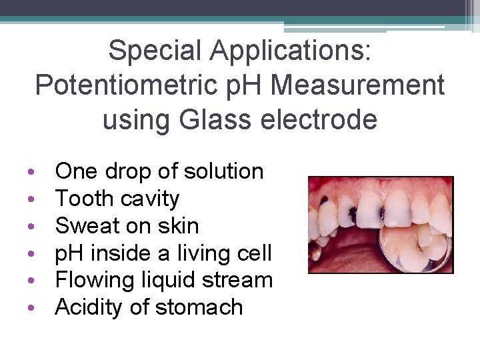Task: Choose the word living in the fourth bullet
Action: tap(203, 253)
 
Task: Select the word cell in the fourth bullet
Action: tap(256, 253)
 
